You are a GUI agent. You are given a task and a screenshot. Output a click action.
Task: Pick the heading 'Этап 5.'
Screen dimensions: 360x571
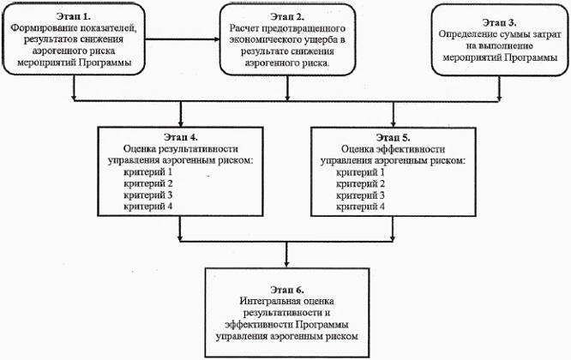pos(393,137)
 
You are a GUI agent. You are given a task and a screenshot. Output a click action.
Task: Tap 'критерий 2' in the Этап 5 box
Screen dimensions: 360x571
pos(362,183)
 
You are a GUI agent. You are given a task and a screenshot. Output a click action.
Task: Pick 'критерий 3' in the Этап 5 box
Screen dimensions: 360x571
pos(362,195)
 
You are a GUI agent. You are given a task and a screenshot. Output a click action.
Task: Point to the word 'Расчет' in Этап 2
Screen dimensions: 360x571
pos(244,27)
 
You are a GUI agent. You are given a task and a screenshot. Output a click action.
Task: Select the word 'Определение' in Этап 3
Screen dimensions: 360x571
pos(464,35)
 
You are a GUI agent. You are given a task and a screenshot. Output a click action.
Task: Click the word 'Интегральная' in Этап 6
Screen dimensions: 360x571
pos(268,303)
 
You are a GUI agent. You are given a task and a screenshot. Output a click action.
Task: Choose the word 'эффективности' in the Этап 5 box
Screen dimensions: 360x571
pos(420,148)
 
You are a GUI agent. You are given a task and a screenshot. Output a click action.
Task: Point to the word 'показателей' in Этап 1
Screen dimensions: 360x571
pos(108,27)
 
